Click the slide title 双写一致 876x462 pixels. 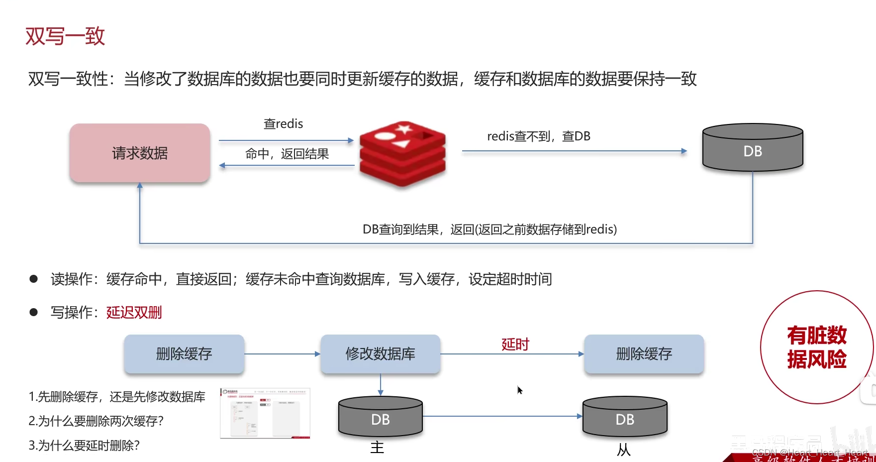[65, 36]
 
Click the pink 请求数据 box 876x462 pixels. [140, 153]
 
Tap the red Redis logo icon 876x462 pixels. [402, 153]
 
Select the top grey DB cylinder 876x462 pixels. [752, 148]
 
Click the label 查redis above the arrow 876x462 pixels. [283, 124]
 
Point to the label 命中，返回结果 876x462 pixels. [287, 154]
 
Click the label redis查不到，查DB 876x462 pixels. [538, 136]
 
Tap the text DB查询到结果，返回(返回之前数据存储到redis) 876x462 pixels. [489, 230]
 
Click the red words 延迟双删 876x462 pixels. [134, 313]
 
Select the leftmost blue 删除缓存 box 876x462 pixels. [184, 354]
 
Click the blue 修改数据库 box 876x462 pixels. [380, 354]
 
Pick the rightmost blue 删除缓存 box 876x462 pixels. [644, 354]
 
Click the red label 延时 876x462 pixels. [515, 344]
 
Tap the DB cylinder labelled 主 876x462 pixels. [381, 417]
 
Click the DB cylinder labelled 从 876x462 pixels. [625, 417]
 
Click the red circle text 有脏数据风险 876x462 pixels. [816, 347]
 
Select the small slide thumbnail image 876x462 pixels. [265, 413]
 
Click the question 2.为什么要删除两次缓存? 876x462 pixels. [96, 421]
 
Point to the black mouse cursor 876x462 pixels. [519, 390]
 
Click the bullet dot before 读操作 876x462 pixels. [34, 279]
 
